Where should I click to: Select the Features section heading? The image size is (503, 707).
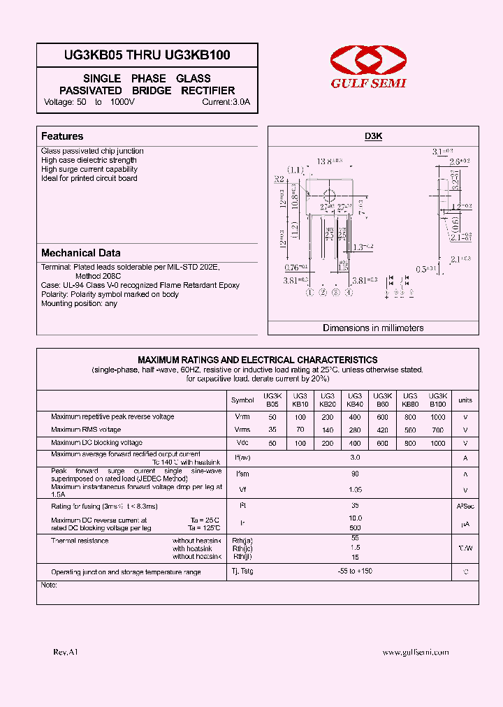tap(62, 136)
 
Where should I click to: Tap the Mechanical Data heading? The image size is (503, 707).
tap(80, 253)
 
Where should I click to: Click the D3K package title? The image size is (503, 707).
tap(374, 137)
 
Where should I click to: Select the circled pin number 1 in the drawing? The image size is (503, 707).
tap(309, 293)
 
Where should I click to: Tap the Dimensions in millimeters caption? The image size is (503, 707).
tap(373, 328)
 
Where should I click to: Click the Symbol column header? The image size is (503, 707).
tap(242, 400)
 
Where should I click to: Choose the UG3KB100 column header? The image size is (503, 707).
tap(437, 400)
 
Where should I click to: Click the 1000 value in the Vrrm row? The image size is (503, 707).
tap(437, 417)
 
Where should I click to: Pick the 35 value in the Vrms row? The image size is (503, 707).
tap(272, 430)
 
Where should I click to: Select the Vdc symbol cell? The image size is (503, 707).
tap(242, 443)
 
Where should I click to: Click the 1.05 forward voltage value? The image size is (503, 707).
tap(355, 490)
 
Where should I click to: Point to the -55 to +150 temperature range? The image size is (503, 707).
tap(355, 571)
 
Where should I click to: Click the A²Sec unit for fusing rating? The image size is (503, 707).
tap(465, 505)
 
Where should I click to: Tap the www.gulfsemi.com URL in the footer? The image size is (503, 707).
tap(416, 652)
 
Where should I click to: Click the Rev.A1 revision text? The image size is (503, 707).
tap(66, 652)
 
